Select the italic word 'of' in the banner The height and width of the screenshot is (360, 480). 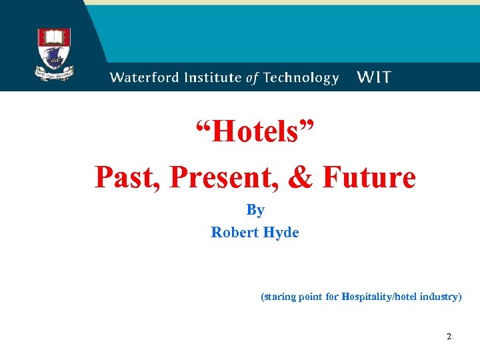(x=253, y=77)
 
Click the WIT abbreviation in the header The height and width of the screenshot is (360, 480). (x=374, y=77)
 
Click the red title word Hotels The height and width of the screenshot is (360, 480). (x=255, y=132)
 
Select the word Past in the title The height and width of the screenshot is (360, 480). (x=127, y=177)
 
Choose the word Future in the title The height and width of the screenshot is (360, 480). (x=369, y=177)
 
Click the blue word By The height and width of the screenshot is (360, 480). (x=255, y=210)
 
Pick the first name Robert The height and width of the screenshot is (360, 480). (x=236, y=233)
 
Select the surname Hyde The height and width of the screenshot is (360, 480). (x=283, y=233)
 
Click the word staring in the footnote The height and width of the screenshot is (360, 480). (x=279, y=297)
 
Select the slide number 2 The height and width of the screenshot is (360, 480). (x=449, y=337)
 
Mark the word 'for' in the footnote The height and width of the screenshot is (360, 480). (x=332, y=297)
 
